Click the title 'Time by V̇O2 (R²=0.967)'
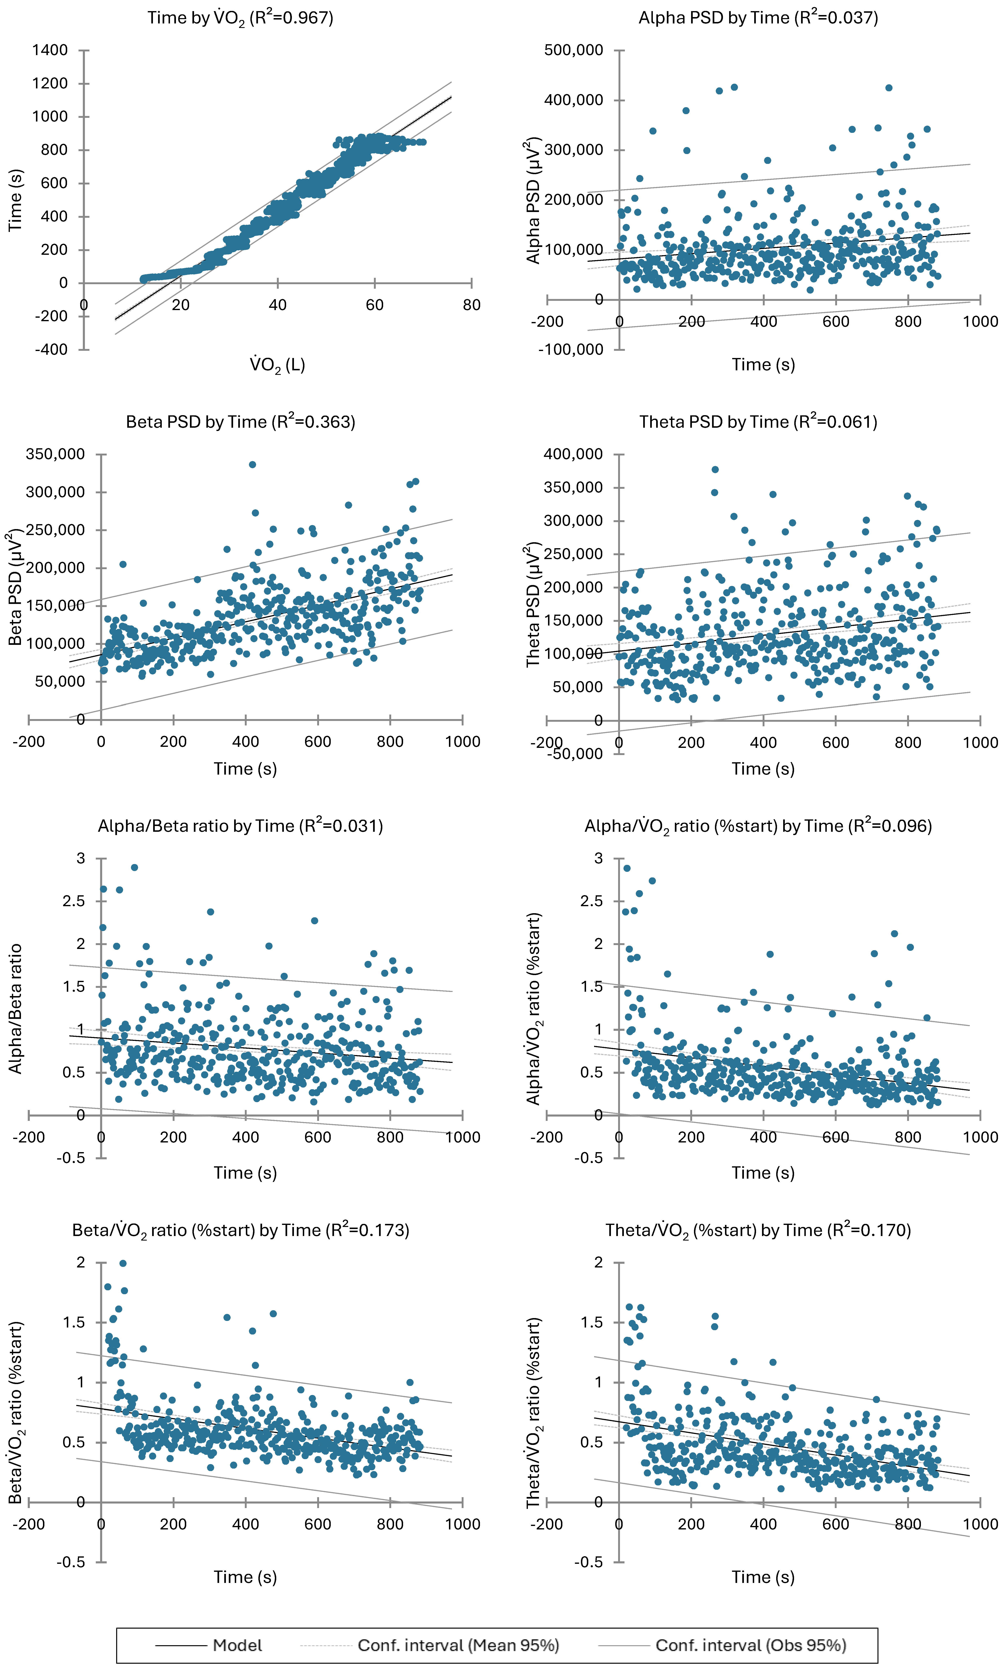click(241, 18)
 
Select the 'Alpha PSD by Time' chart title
click(758, 18)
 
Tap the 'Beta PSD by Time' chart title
click(241, 422)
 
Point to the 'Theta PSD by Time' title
click(758, 422)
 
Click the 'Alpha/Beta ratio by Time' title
click(241, 826)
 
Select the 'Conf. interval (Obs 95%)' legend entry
click(750, 1646)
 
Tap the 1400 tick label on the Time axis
click(50, 50)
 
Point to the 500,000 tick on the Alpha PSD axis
click(574, 50)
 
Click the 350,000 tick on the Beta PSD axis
click(55, 454)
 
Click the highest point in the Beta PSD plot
click(252, 465)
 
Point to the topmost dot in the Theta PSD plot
click(715, 469)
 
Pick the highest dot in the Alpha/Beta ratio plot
click(134, 867)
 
